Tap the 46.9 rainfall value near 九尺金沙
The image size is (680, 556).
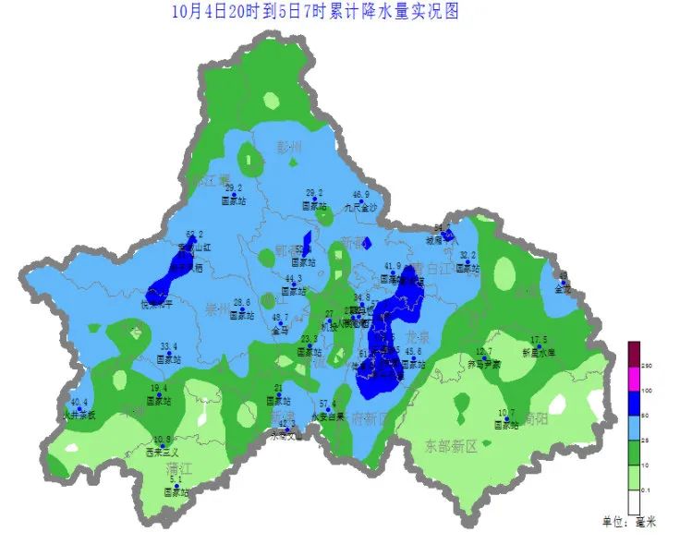(361, 195)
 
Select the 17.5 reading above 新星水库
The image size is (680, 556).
(539, 340)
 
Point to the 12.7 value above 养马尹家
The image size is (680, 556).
(484, 352)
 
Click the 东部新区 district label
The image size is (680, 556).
(450, 445)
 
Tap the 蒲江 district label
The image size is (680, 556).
(179, 469)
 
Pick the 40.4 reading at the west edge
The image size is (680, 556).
(79, 402)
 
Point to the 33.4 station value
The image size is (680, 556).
(169, 346)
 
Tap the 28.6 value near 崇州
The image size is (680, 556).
(242, 302)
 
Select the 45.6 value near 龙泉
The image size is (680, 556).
(413, 352)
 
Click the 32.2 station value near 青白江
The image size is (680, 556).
(467, 255)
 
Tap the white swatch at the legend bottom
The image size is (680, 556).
(634, 502)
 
